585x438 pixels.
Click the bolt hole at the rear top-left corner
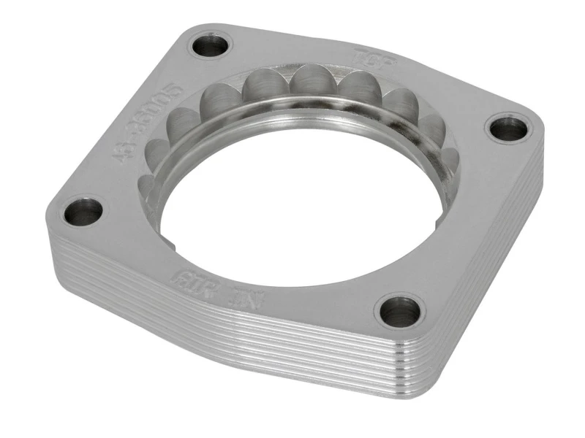[x=211, y=46]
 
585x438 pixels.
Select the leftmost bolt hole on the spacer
[x=83, y=212]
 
